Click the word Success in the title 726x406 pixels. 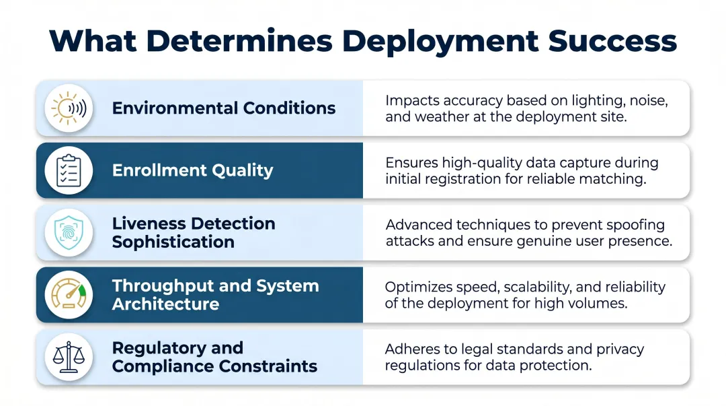pyautogui.click(x=612, y=41)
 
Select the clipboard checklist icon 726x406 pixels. pyautogui.click(x=69, y=170)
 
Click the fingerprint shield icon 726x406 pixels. pyautogui.click(x=69, y=232)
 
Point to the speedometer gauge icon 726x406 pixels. pyautogui.click(x=69, y=294)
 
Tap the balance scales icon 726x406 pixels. pyautogui.click(x=69, y=357)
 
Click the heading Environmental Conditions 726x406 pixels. pyautogui.click(x=223, y=108)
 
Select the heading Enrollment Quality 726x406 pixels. pyautogui.click(x=192, y=170)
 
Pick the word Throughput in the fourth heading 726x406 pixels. pyautogui.click(x=160, y=285)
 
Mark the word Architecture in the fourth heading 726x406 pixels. pyautogui.click(x=165, y=304)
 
